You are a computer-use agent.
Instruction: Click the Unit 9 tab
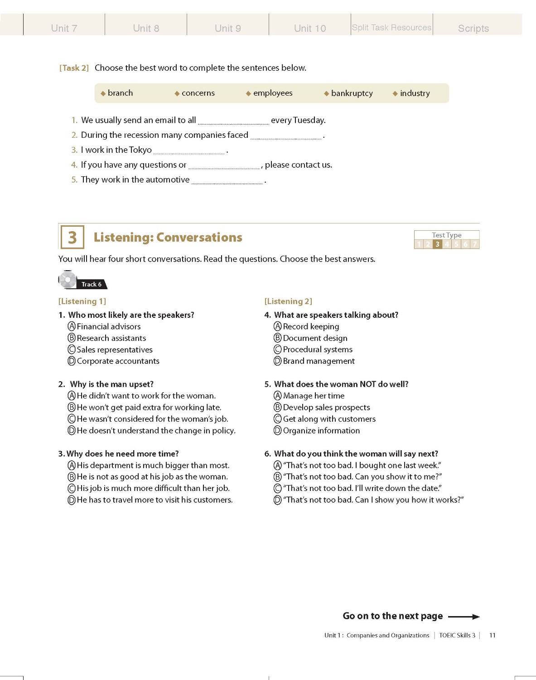pyautogui.click(x=227, y=28)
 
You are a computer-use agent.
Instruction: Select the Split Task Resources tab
pyautogui.click(x=391, y=28)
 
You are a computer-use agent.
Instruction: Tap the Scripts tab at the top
pyautogui.click(x=473, y=29)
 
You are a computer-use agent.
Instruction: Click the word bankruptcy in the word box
pyautogui.click(x=352, y=93)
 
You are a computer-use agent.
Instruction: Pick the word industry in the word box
pyautogui.click(x=415, y=93)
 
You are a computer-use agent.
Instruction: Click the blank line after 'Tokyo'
pyautogui.click(x=189, y=151)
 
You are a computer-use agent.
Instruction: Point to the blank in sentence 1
pyautogui.click(x=233, y=121)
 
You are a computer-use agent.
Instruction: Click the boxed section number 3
pyautogui.click(x=72, y=237)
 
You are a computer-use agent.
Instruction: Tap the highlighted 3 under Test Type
pyautogui.click(x=437, y=244)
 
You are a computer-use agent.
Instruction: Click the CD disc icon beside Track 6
pyautogui.click(x=68, y=280)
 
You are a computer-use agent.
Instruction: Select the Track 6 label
pyautogui.click(x=92, y=284)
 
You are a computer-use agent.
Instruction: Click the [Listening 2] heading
pyautogui.click(x=288, y=301)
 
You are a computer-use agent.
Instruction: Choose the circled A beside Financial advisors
pyautogui.click(x=72, y=326)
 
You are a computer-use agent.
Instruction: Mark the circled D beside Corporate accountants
pyautogui.click(x=72, y=361)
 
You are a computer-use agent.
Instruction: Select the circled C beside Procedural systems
pyautogui.click(x=278, y=350)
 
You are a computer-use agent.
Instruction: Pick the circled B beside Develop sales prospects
pyautogui.click(x=278, y=408)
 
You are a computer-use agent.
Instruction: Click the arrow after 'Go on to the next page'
pyautogui.click(x=464, y=617)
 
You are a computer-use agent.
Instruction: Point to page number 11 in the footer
pyautogui.click(x=492, y=636)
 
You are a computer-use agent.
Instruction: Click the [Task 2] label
pyautogui.click(x=74, y=68)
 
